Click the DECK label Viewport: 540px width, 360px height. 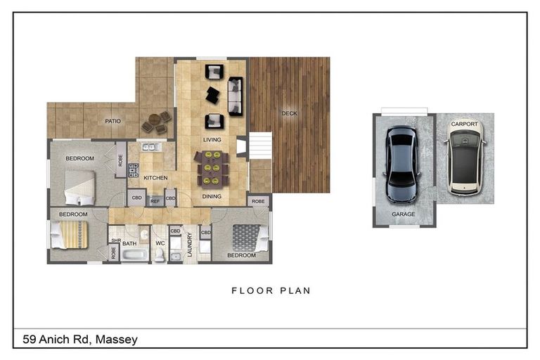pos(289,113)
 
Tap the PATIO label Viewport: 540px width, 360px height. pos(113,121)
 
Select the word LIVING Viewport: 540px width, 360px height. pos(212,140)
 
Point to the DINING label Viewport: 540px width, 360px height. pos(212,196)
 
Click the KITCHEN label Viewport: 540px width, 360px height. pos(155,178)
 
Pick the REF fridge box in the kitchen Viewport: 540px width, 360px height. pos(155,201)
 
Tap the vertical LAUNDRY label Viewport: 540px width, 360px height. pos(189,245)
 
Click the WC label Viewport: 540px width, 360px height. pos(160,243)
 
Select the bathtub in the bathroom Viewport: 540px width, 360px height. pos(136,255)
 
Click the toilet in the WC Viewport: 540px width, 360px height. pos(160,255)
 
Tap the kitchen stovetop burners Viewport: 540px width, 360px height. pos(134,170)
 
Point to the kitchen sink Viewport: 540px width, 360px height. pos(151,147)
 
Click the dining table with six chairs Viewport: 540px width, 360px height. pos(212,169)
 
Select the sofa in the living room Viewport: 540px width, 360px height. pos(236,96)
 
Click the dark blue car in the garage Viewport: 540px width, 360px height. pos(401,165)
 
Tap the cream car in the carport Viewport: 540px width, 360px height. pos(465,157)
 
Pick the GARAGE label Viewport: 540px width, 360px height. pos(404,214)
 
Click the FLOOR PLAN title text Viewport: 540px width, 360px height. pos(271,291)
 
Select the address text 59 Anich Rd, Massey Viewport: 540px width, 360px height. pos(80,340)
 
